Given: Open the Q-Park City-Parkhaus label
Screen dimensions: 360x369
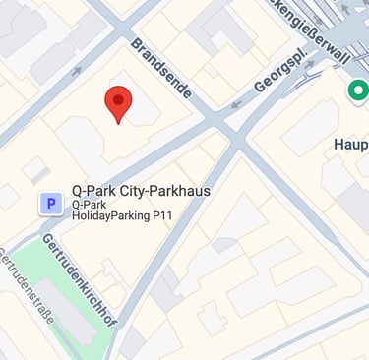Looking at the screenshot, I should point(141,191).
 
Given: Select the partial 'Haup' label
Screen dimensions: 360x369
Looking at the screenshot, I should point(349,145).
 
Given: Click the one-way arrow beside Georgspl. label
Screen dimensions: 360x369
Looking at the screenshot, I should point(236,102).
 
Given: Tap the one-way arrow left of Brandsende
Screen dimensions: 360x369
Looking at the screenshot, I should point(76,71).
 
